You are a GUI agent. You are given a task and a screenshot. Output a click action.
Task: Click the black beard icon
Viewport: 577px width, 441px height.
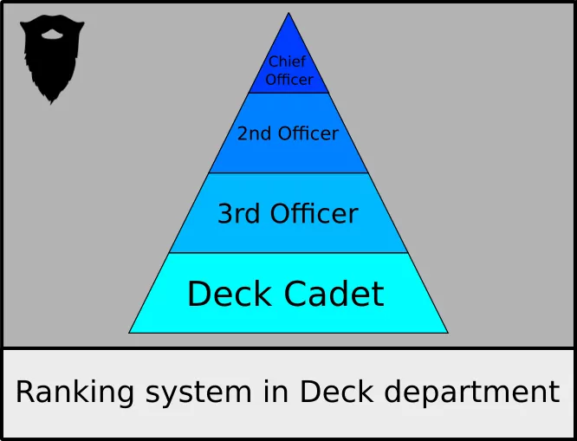coord(52,59)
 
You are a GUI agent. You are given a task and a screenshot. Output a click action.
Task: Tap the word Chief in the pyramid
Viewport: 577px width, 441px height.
coord(287,62)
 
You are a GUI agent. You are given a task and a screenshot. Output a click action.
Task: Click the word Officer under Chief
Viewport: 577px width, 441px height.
coord(288,80)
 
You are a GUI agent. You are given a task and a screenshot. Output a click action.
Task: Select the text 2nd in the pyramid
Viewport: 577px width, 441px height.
coord(255,133)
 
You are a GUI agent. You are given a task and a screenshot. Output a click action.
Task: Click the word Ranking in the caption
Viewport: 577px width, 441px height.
coord(75,392)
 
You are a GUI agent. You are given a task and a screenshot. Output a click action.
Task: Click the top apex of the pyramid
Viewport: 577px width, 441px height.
coord(288,13)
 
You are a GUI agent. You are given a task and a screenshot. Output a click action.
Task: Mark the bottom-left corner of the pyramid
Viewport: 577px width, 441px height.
coord(130,332)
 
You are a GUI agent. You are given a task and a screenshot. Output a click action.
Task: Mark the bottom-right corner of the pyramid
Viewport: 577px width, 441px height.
coord(447,332)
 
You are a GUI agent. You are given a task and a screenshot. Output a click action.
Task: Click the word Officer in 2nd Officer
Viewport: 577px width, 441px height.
coord(308,133)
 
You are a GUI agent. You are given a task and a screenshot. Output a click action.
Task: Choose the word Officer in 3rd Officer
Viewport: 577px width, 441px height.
coord(313,213)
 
